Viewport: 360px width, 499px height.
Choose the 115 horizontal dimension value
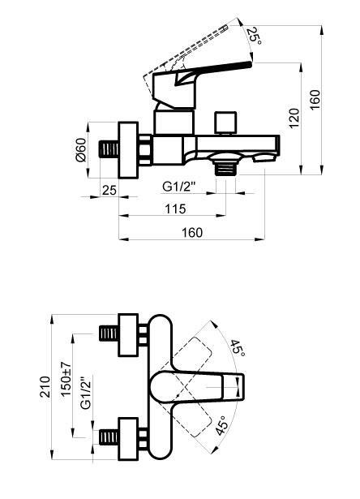pos(175,209)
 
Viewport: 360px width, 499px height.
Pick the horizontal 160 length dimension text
pos(191,232)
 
